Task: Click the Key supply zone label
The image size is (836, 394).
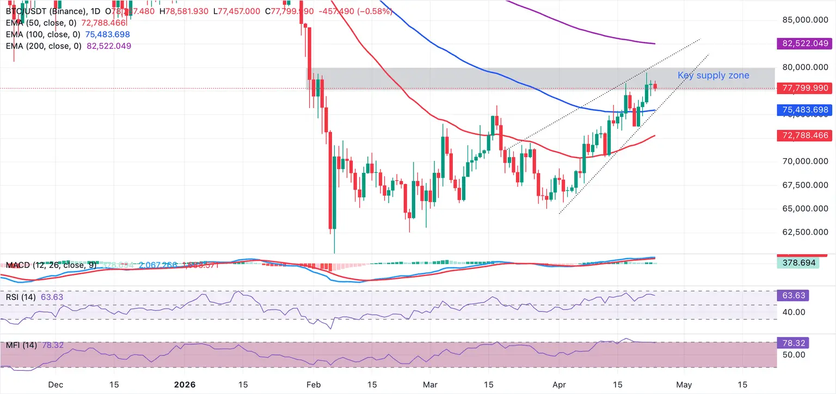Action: click(713, 76)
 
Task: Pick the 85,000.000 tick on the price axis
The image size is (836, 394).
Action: click(802, 20)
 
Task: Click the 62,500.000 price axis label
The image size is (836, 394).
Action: click(802, 232)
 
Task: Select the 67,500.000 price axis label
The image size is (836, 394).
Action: click(802, 185)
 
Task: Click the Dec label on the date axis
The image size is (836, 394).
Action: click(55, 384)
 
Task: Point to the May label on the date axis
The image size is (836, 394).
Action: click(684, 384)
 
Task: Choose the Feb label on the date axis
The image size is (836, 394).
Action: click(313, 384)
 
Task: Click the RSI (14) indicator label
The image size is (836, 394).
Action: click(21, 297)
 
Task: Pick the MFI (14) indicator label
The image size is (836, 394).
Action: click(21, 345)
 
